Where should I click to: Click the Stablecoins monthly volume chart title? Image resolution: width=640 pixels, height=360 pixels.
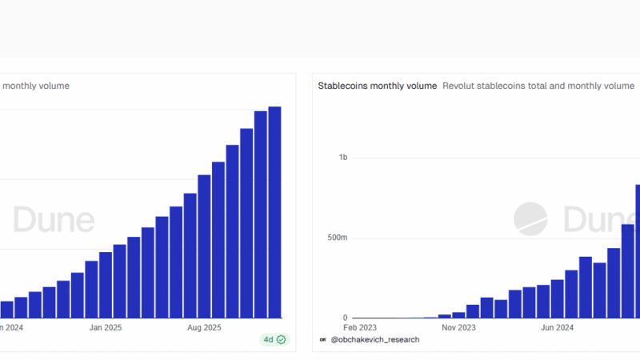click(x=378, y=86)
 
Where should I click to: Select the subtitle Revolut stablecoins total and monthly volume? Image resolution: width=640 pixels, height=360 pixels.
click(x=538, y=86)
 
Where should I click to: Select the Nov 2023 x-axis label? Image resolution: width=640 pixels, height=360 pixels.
click(x=459, y=327)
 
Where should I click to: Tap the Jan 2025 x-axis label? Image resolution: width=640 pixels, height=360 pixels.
click(x=106, y=327)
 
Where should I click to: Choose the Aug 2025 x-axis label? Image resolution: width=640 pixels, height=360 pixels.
click(x=204, y=327)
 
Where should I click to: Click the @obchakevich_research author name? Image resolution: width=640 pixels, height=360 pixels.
click(x=374, y=339)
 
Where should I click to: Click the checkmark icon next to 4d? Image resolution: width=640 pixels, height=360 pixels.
click(x=281, y=339)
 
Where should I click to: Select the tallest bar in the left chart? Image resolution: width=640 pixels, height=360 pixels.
click(x=274, y=212)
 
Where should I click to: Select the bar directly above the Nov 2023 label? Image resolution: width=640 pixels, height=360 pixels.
click(x=458, y=314)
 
